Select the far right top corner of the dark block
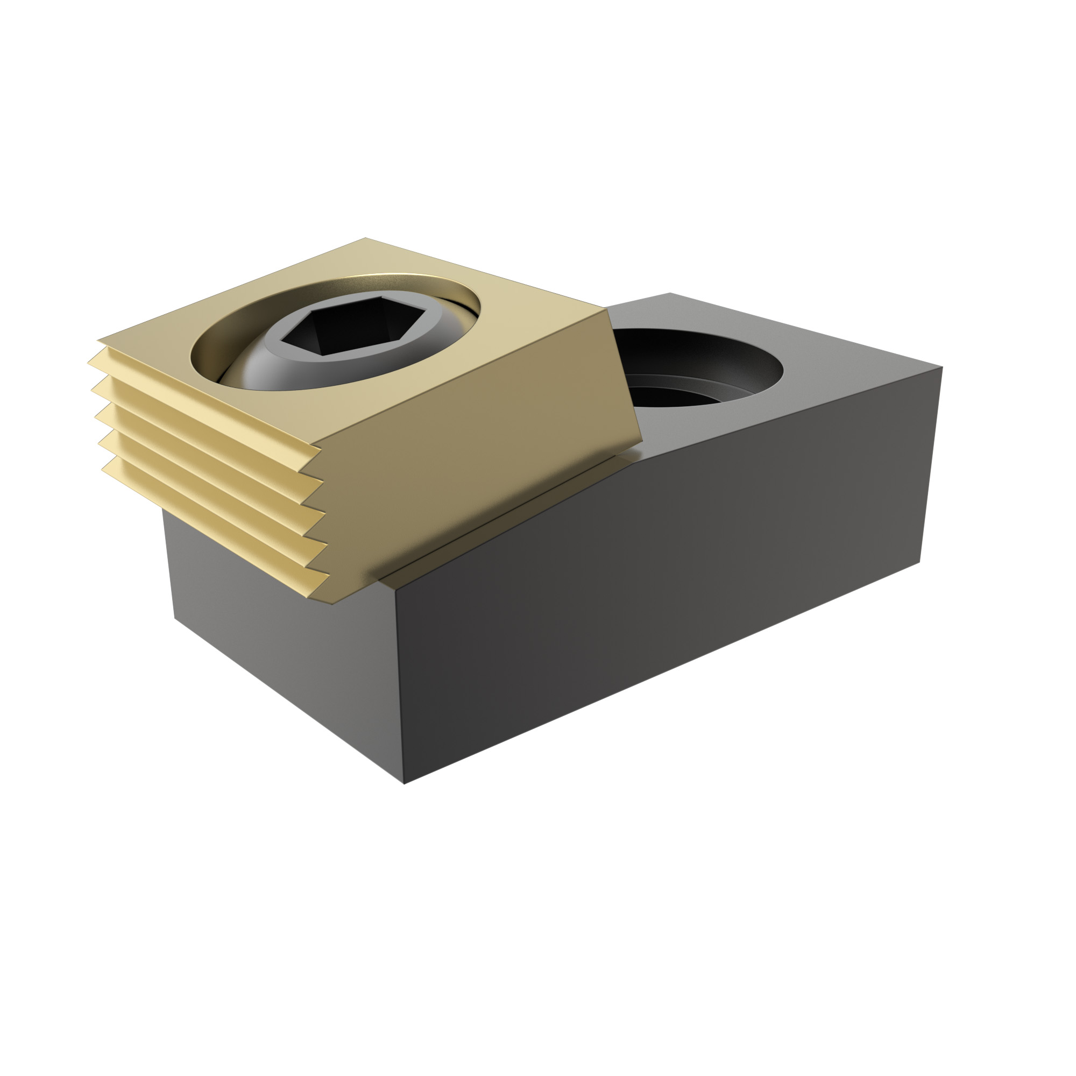pyautogui.click(x=941, y=367)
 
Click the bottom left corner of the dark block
pyautogui.click(x=175, y=618)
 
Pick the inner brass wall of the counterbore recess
pyautogui.click(x=223, y=334)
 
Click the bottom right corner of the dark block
pyautogui.click(x=919, y=563)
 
